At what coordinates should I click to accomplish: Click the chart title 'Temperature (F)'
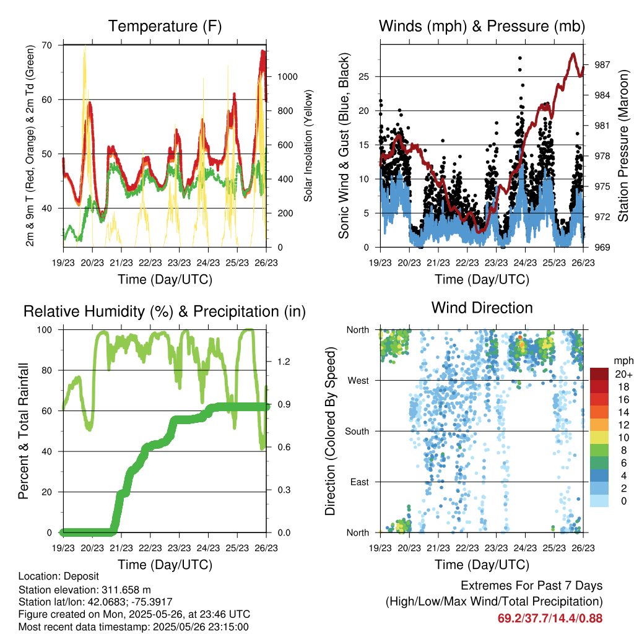(x=165, y=26)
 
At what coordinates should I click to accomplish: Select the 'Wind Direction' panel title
(x=482, y=308)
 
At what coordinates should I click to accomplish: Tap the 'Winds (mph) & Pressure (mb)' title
(x=482, y=26)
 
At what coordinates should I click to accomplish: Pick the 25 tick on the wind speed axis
(x=367, y=77)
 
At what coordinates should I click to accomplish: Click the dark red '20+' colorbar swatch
(x=599, y=375)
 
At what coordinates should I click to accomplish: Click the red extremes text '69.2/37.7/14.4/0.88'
(x=550, y=618)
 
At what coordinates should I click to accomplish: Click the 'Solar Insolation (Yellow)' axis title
(x=308, y=145)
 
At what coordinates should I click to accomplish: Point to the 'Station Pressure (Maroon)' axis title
(x=623, y=145)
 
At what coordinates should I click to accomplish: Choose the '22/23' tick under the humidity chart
(x=150, y=548)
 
